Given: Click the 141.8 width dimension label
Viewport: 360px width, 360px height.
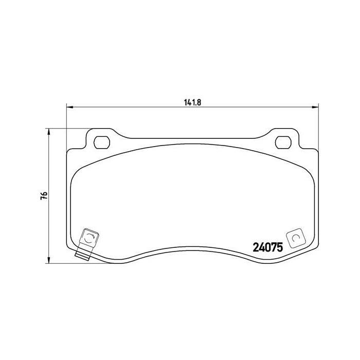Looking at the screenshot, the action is tap(192, 102).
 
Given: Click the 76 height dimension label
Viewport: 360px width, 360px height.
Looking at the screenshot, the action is tap(44, 195).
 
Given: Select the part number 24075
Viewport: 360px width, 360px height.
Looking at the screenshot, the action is tap(268, 247).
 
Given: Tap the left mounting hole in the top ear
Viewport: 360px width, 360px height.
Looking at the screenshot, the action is tap(102, 142).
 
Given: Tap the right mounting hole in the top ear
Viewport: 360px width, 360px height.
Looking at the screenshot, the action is tap(283, 142).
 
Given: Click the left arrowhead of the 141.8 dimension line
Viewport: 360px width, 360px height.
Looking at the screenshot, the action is tap(69, 107).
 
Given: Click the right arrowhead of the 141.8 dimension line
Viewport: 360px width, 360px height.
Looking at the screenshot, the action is tap(315, 107).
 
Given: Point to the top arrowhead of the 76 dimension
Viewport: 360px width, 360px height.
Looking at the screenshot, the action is tap(48, 132).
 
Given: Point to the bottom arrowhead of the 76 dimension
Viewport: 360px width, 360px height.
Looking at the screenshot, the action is tap(48, 260).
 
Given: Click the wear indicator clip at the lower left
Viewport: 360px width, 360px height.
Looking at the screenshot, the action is tap(88, 243).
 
